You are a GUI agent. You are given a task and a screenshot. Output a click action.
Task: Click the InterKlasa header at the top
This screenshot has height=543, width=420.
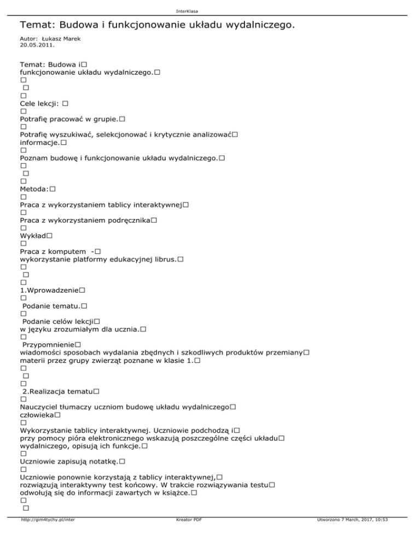[210, 10]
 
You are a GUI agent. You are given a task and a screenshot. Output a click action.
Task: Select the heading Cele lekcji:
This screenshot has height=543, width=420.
[40, 103]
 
